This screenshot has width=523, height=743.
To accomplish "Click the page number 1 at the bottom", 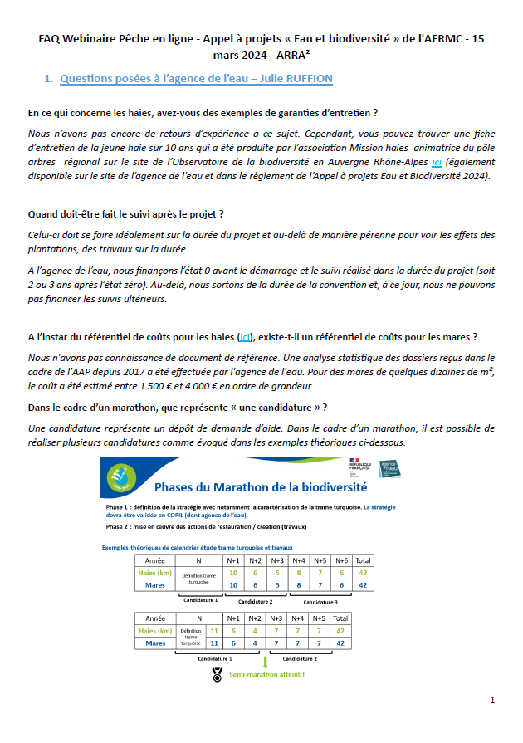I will point(492,700).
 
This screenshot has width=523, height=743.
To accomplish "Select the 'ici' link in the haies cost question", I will point(246,336).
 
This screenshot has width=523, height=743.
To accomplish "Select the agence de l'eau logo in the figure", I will point(390,468).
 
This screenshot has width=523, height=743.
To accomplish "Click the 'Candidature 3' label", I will point(316,601).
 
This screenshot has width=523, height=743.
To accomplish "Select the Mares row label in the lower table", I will point(155,643).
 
